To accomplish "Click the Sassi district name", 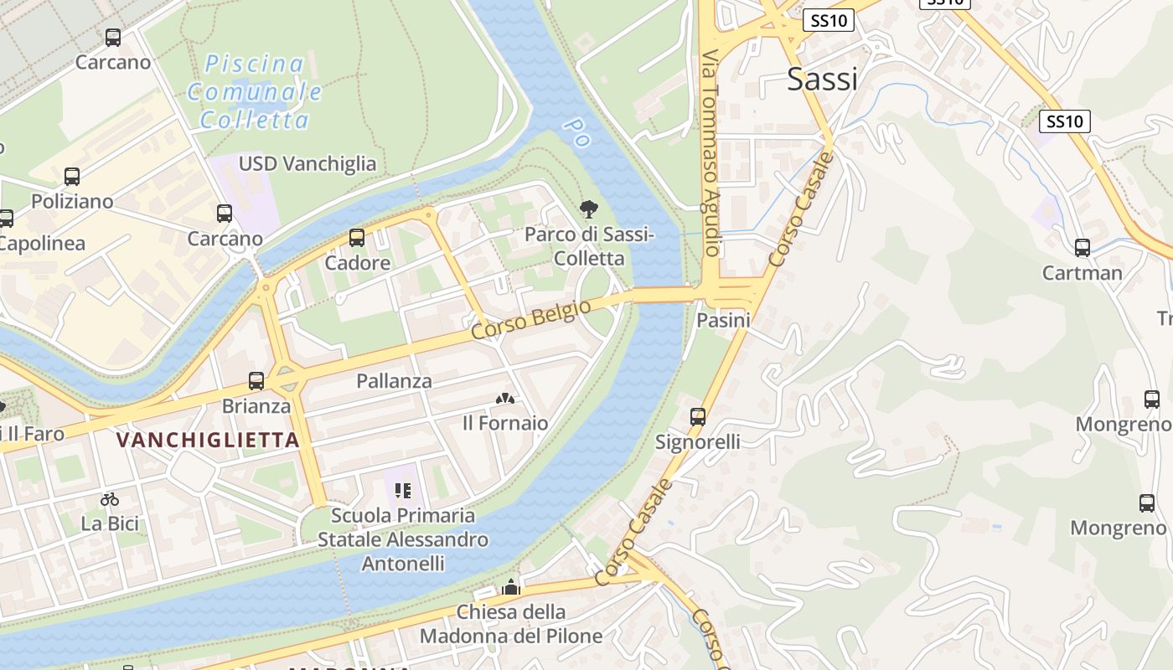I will (822, 80).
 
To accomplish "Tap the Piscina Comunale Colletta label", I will (255, 91).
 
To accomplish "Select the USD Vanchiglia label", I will (307, 163).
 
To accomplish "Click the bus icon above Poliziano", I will (72, 177).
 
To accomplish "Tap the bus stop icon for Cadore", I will (357, 238).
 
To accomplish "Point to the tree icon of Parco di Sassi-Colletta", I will (589, 209).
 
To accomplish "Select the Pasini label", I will (723, 320).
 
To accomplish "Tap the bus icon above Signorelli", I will (698, 416).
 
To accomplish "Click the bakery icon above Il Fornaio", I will (505, 399).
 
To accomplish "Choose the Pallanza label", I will (394, 381).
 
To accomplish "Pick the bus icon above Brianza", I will (256, 381).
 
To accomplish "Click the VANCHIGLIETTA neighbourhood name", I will (208, 440).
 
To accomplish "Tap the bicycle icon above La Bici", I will (110, 499).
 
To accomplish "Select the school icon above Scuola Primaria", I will (403, 490).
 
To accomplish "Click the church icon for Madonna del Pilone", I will (511, 587).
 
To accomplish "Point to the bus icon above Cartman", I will (1083, 248).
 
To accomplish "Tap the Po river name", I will (576, 132).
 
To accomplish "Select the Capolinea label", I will (42, 244).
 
